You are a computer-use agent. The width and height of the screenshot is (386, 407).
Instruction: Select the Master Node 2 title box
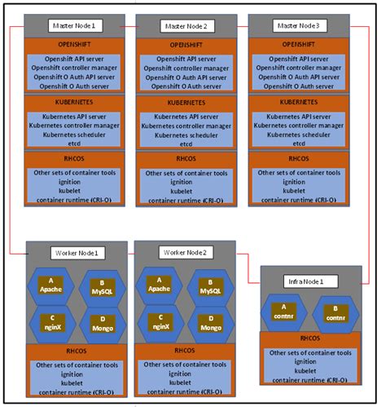[186, 25]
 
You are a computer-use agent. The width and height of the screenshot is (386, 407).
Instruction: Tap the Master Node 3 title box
[299, 25]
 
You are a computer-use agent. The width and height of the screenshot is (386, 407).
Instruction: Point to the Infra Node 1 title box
[305, 281]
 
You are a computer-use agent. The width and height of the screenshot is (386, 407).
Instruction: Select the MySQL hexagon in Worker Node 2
[210, 287]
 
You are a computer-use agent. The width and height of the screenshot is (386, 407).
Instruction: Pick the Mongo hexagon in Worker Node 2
[210, 324]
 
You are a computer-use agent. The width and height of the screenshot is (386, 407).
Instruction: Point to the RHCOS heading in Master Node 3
[299, 159]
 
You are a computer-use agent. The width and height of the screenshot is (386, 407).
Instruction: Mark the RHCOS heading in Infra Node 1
[309, 338]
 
